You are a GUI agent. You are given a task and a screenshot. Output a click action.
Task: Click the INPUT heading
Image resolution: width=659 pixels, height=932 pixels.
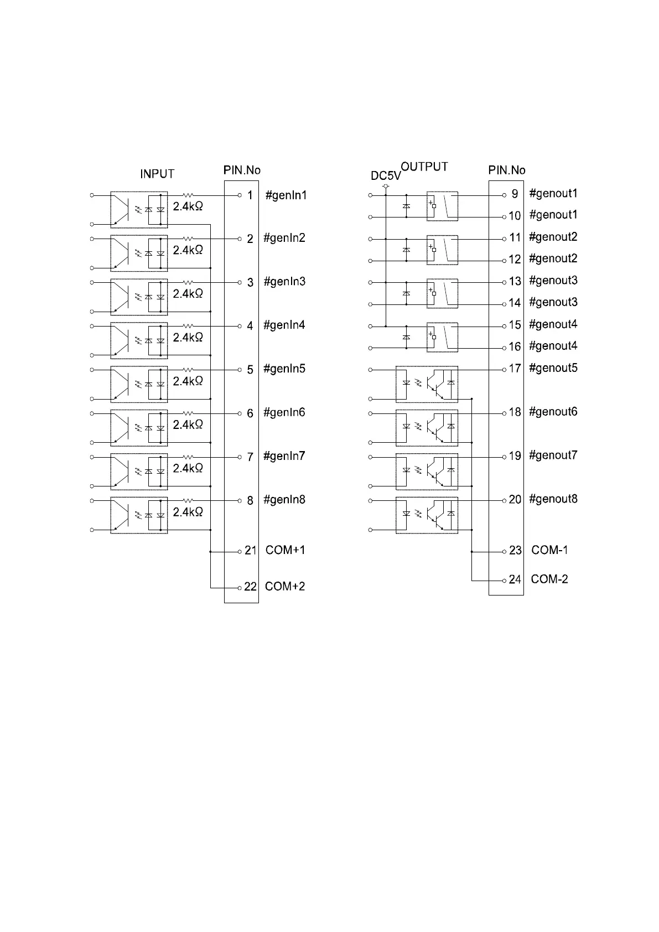click(x=157, y=174)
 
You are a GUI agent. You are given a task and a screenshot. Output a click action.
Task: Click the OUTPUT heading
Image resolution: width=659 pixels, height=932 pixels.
click(x=424, y=167)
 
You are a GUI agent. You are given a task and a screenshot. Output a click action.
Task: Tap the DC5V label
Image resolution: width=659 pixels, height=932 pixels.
click(x=386, y=176)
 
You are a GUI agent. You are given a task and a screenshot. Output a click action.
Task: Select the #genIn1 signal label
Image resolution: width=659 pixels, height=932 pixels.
click(x=286, y=195)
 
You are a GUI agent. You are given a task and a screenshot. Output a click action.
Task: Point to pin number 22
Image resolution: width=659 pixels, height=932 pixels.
click(x=251, y=587)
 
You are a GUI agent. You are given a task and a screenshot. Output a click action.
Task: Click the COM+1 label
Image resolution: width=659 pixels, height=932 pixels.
click(x=285, y=550)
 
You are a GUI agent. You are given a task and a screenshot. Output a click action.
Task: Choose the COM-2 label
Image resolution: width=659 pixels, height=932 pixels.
click(x=549, y=579)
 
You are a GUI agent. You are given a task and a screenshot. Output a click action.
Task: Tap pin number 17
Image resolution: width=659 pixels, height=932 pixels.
click(x=515, y=368)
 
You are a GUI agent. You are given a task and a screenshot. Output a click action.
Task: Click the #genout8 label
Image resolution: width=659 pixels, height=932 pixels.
click(x=553, y=499)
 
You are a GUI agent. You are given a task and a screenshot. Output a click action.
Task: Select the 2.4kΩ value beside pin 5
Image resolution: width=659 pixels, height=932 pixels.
click(x=188, y=381)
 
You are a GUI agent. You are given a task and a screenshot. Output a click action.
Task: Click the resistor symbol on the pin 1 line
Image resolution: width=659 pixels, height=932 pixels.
click(x=189, y=195)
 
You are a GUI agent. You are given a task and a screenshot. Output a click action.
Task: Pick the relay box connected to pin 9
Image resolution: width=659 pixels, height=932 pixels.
click(x=442, y=206)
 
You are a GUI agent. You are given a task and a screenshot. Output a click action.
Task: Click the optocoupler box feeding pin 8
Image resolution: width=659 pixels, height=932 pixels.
click(x=139, y=515)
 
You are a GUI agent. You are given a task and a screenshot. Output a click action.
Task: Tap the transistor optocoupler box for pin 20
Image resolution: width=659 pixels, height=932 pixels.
click(x=427, y=515)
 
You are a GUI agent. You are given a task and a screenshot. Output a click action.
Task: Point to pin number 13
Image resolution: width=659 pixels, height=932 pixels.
click(x=515, y=281)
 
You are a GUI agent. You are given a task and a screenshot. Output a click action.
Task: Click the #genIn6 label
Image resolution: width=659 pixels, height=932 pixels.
click(x=284, y=413)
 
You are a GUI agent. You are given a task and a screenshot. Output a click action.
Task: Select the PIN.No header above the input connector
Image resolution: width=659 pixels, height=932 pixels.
click(x=242, y=170)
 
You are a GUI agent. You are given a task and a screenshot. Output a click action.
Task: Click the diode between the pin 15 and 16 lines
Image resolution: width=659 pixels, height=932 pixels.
click(x=406, y=336)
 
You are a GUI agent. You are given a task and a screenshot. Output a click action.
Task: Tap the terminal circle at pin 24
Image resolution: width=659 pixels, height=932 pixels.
click(x=504, y=580)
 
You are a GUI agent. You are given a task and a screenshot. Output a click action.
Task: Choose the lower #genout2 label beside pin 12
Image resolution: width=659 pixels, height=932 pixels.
click(x=553, y=258)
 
